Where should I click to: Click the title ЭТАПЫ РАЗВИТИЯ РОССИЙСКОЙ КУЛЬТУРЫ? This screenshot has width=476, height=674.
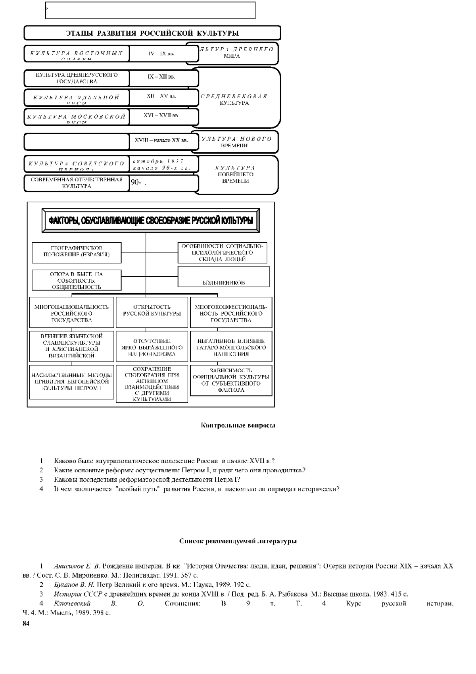click(152, 33)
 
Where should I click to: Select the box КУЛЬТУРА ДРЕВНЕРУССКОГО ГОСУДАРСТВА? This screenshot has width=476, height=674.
click(77, 78)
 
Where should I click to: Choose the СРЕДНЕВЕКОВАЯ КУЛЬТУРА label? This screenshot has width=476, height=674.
click(234, 100)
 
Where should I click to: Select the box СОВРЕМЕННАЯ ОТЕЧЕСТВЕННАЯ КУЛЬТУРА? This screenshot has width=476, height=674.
click(77, 183)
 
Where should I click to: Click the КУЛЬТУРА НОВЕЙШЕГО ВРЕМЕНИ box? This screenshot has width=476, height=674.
click(235, 175)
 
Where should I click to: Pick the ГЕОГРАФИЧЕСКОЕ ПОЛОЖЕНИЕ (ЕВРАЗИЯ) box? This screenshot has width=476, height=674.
click(77, 252)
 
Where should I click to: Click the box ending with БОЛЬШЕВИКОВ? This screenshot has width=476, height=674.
click(224, 276)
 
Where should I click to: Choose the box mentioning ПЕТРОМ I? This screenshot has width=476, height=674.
click(71, 381)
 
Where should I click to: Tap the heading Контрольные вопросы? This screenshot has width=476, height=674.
click(238, 426)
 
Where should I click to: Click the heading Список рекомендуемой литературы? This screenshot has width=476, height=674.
click(238, 541)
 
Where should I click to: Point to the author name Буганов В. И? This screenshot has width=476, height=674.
click(74, 585)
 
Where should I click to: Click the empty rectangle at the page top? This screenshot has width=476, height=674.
click(151, 10)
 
